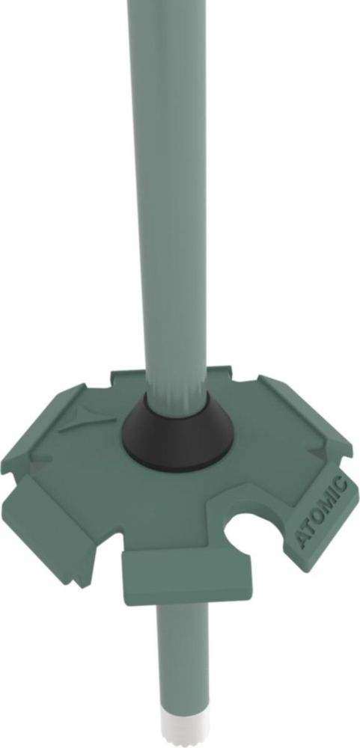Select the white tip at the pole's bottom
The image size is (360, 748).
[180, 736]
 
